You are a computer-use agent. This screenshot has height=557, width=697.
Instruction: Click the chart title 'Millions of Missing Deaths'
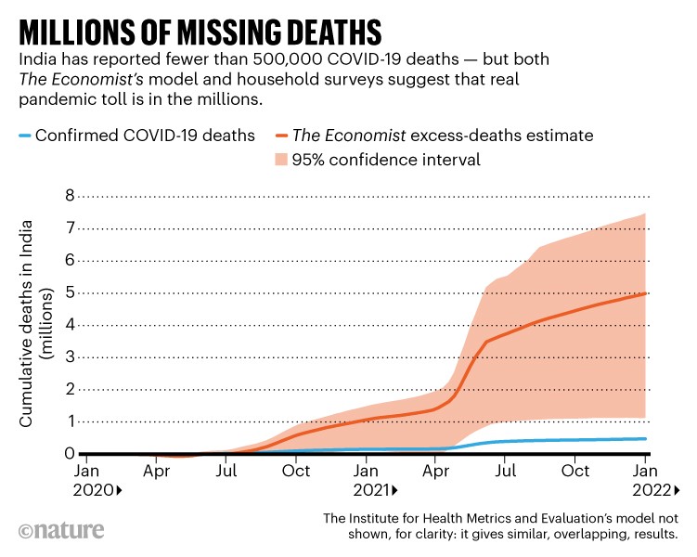point(200,31)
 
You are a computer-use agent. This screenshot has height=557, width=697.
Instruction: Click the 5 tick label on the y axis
point(69,293)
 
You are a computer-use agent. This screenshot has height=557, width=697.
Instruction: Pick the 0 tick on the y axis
point(69,454)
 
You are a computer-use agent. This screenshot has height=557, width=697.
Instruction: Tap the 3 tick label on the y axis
point(69,357)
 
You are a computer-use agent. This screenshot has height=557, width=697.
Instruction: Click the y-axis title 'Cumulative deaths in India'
point(28,325)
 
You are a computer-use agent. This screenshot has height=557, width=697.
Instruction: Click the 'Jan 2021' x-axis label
point(369,480)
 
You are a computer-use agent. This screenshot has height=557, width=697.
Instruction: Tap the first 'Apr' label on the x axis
point(157,472)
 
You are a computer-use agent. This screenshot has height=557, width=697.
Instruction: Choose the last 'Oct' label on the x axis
point(575,472)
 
